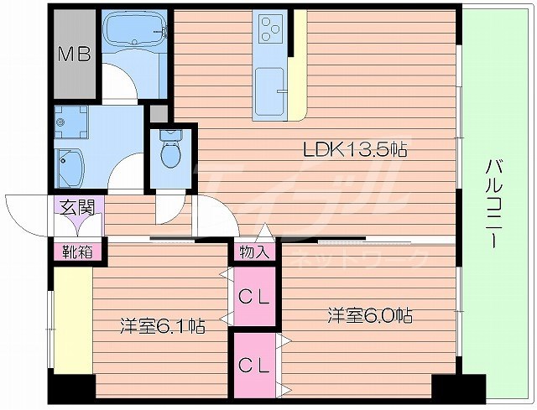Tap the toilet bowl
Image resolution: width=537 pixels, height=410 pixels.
tap(171, 153)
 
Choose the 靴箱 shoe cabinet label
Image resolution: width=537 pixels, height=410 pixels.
tap(70, 250)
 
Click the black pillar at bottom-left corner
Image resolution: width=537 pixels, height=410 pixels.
tap(70, 388)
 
